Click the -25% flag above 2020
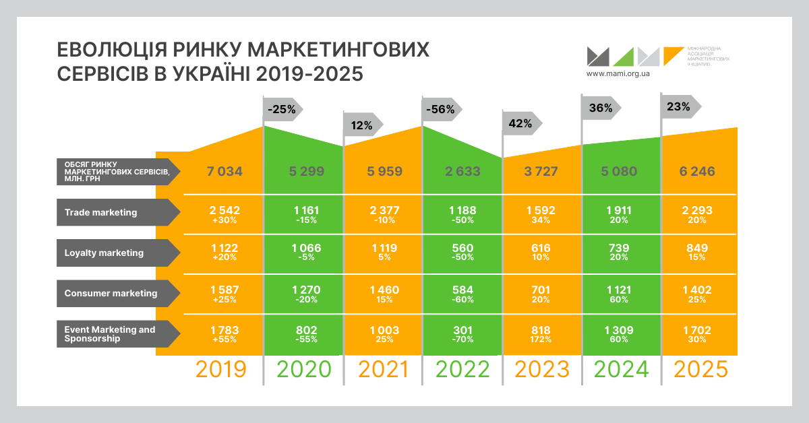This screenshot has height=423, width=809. (x=282, y=109)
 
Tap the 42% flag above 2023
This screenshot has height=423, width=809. (x=520, y=123)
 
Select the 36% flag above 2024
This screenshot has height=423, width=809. (x=600, y=107)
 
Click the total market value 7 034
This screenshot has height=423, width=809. (x=224, y=171)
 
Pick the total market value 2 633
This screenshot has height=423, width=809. (x=462, y=171)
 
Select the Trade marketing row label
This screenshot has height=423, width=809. (x=101, y=212)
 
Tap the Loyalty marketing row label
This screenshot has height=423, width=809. (x=104, y=253)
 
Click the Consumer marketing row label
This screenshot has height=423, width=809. (x=111, y=293)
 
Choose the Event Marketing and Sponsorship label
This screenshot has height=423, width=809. (x=110, y=334)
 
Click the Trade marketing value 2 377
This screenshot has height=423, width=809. (x=384, y=210)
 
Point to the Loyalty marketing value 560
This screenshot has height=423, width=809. (x=462, y=248)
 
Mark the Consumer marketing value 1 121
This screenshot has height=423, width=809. (x=622, y=289)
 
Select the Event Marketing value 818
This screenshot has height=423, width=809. (x=542, y=330)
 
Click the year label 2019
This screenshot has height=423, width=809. (x=220, y=369)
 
